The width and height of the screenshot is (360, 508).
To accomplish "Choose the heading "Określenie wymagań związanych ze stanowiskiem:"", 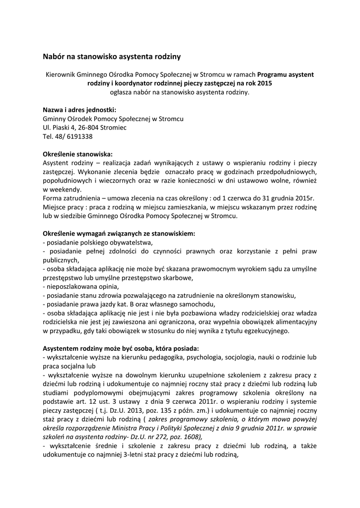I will click(119, 233).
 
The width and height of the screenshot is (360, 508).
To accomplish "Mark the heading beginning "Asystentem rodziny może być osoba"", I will click(121, 349).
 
